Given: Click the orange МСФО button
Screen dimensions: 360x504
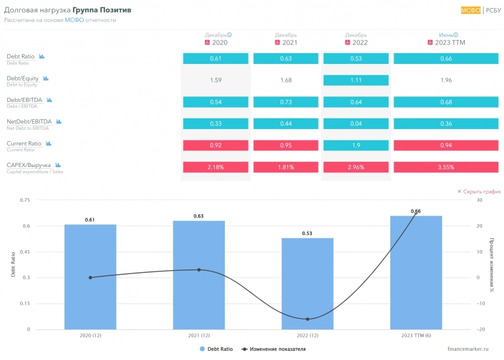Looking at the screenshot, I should tap(470, 10).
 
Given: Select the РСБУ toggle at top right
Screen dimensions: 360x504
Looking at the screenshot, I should tap(493, 10).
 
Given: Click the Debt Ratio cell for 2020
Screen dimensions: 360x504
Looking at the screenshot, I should tap(215, 59).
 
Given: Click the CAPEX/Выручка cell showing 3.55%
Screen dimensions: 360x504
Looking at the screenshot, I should tap(445, 167).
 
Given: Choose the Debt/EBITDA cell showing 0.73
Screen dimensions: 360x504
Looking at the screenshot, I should tap(286, 102).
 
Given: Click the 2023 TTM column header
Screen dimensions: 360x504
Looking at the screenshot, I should tap(445, 42).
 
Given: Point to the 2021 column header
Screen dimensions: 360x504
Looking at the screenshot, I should tap(286, 42).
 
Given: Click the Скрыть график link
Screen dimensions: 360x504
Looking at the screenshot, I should tap(478, 192).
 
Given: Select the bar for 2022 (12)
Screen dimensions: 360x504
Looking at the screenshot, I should tap(307, 283).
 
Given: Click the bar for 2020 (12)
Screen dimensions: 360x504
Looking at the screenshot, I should tap(90, 277).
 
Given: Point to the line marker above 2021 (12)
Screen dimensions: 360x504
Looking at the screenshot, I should tap(199, 270).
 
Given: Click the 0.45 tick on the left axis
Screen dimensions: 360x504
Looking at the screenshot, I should tap(25, 252).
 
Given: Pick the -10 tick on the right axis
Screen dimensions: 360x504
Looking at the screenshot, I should tap(481, 303).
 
